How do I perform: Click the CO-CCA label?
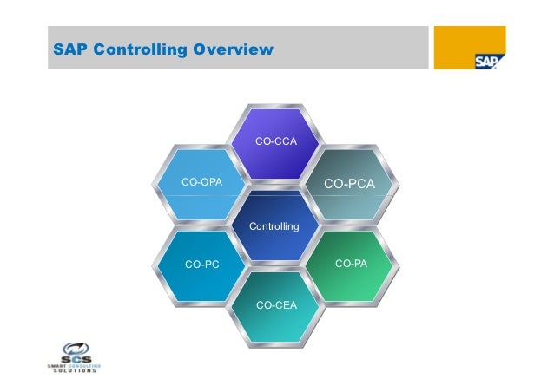pos(274,140)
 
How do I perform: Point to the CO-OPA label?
pos(201,182)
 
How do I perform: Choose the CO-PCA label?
pos(349,184)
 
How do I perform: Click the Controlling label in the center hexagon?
pos(274,226)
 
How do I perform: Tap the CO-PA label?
pos(349,262)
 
